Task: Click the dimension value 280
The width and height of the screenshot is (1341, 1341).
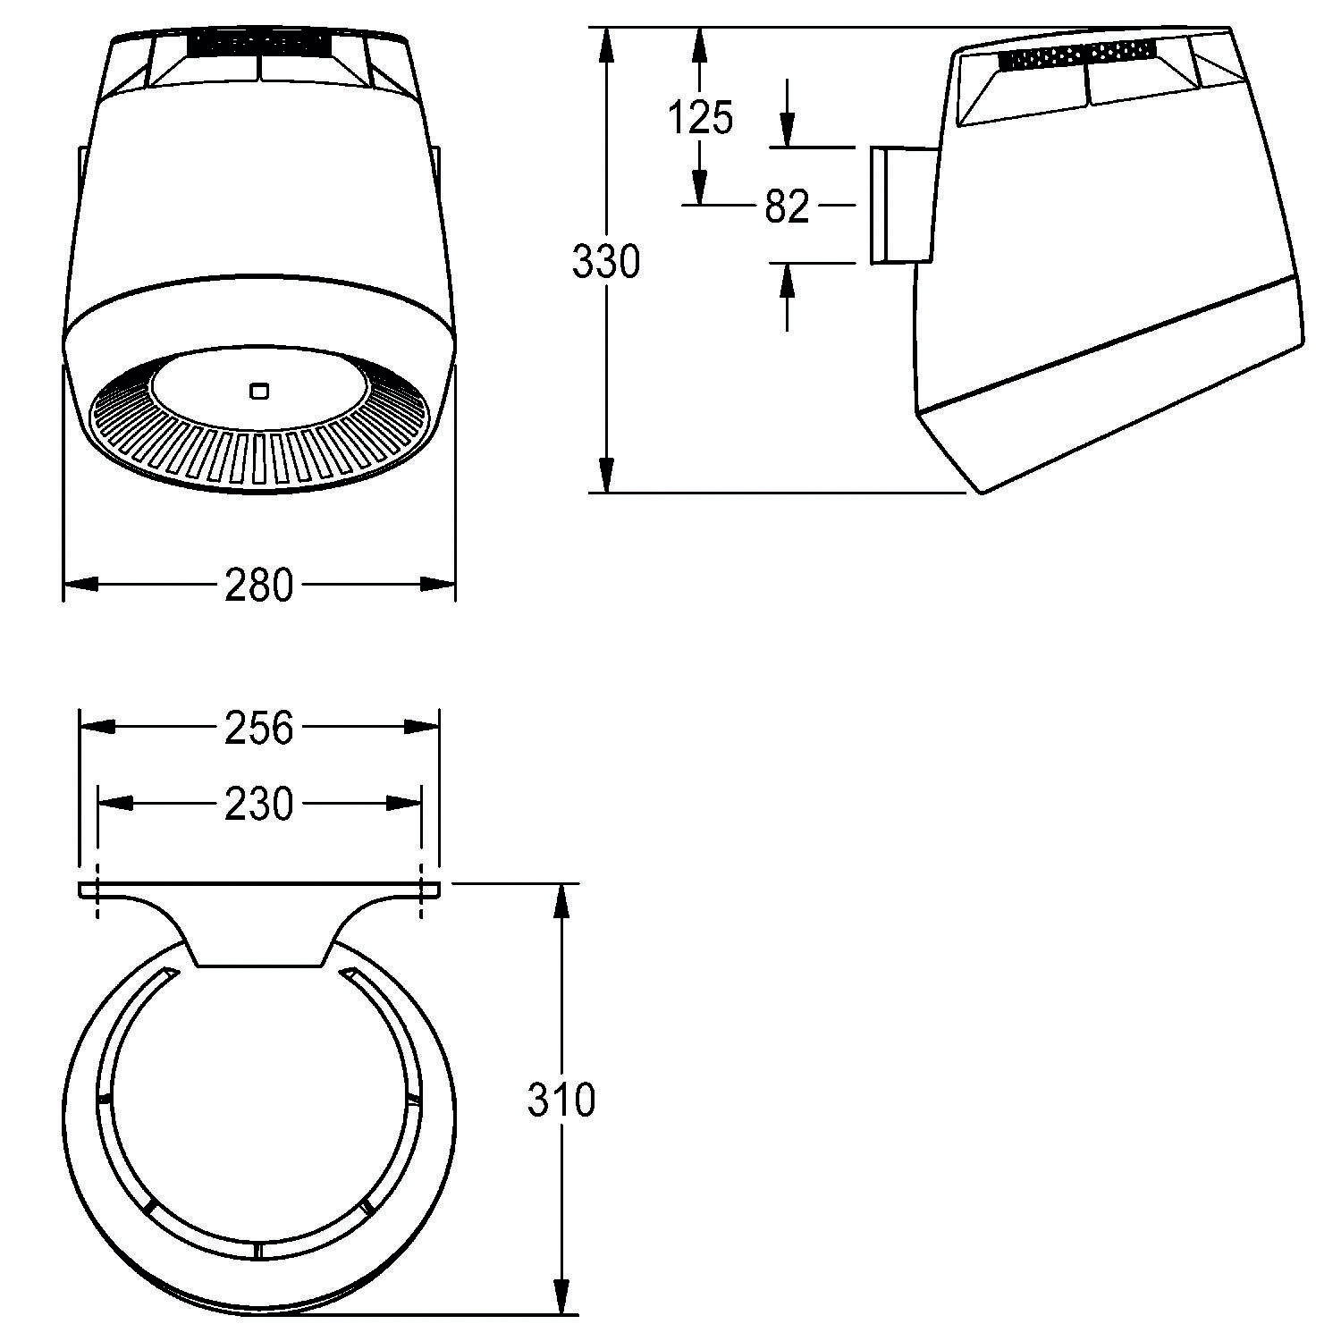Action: (258, 586)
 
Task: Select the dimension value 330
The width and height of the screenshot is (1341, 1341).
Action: (606, 262)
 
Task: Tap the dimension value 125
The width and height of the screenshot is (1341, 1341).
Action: (701, 117)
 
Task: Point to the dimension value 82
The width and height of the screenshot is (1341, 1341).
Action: (787, 207)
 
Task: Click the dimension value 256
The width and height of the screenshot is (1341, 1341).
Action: (258, 728)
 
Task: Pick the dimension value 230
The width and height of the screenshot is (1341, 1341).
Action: (258, 805)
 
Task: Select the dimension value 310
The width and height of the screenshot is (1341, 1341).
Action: (561, 1100)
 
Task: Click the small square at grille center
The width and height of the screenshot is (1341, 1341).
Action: (259, 390)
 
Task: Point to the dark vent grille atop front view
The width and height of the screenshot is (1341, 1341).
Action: (258, 42)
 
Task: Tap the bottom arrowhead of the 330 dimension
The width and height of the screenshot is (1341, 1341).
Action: (607, 475)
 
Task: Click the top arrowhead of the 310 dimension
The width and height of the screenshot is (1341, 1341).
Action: (561, 901)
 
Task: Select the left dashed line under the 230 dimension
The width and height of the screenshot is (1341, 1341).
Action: (97, 890)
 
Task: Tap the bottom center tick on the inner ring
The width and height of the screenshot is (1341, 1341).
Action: (256, 1249)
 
